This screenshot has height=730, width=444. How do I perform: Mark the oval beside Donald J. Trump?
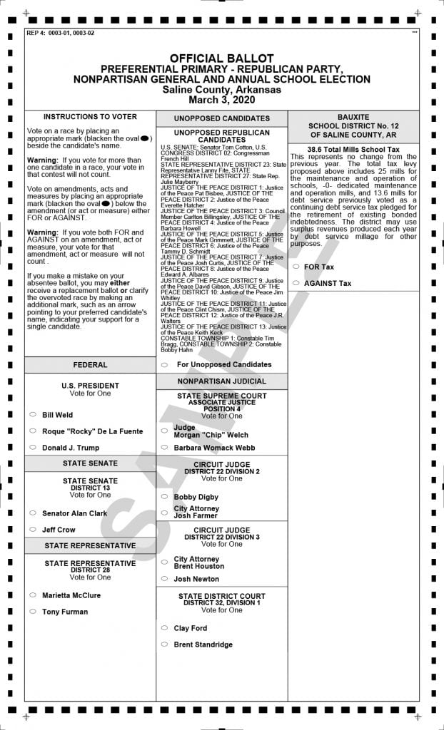coord(33,448)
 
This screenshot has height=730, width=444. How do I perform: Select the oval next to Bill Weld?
coord(33,414)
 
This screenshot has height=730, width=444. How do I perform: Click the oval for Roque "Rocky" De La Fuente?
coord(33,431)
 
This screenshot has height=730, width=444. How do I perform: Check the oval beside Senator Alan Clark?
coord(33,513)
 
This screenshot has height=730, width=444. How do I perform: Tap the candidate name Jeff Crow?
coord(59,530)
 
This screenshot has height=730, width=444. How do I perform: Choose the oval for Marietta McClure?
coord(33,595)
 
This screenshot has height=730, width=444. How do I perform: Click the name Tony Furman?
coord(65,612)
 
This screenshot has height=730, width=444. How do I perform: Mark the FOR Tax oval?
coord(295,267)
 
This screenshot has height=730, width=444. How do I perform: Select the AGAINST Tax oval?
coord(295,283)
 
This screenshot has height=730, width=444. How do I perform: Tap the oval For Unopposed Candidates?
coord(164,364)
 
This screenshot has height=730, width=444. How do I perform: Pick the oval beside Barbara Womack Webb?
coord(164,448)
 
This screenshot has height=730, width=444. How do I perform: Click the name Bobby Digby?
coord(196,497)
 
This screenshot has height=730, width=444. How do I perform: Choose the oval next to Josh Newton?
coord(164,579)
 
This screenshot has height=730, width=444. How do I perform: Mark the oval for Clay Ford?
coord(164,628)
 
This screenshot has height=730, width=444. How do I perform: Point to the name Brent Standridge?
coord(203,644)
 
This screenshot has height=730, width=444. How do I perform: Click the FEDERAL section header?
coord(90,365)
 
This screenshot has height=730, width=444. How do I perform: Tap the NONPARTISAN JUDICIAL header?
coord(222,381)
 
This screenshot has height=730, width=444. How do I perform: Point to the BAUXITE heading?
coord(353,116)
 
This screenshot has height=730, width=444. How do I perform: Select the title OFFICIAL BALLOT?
coord(221,58)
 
